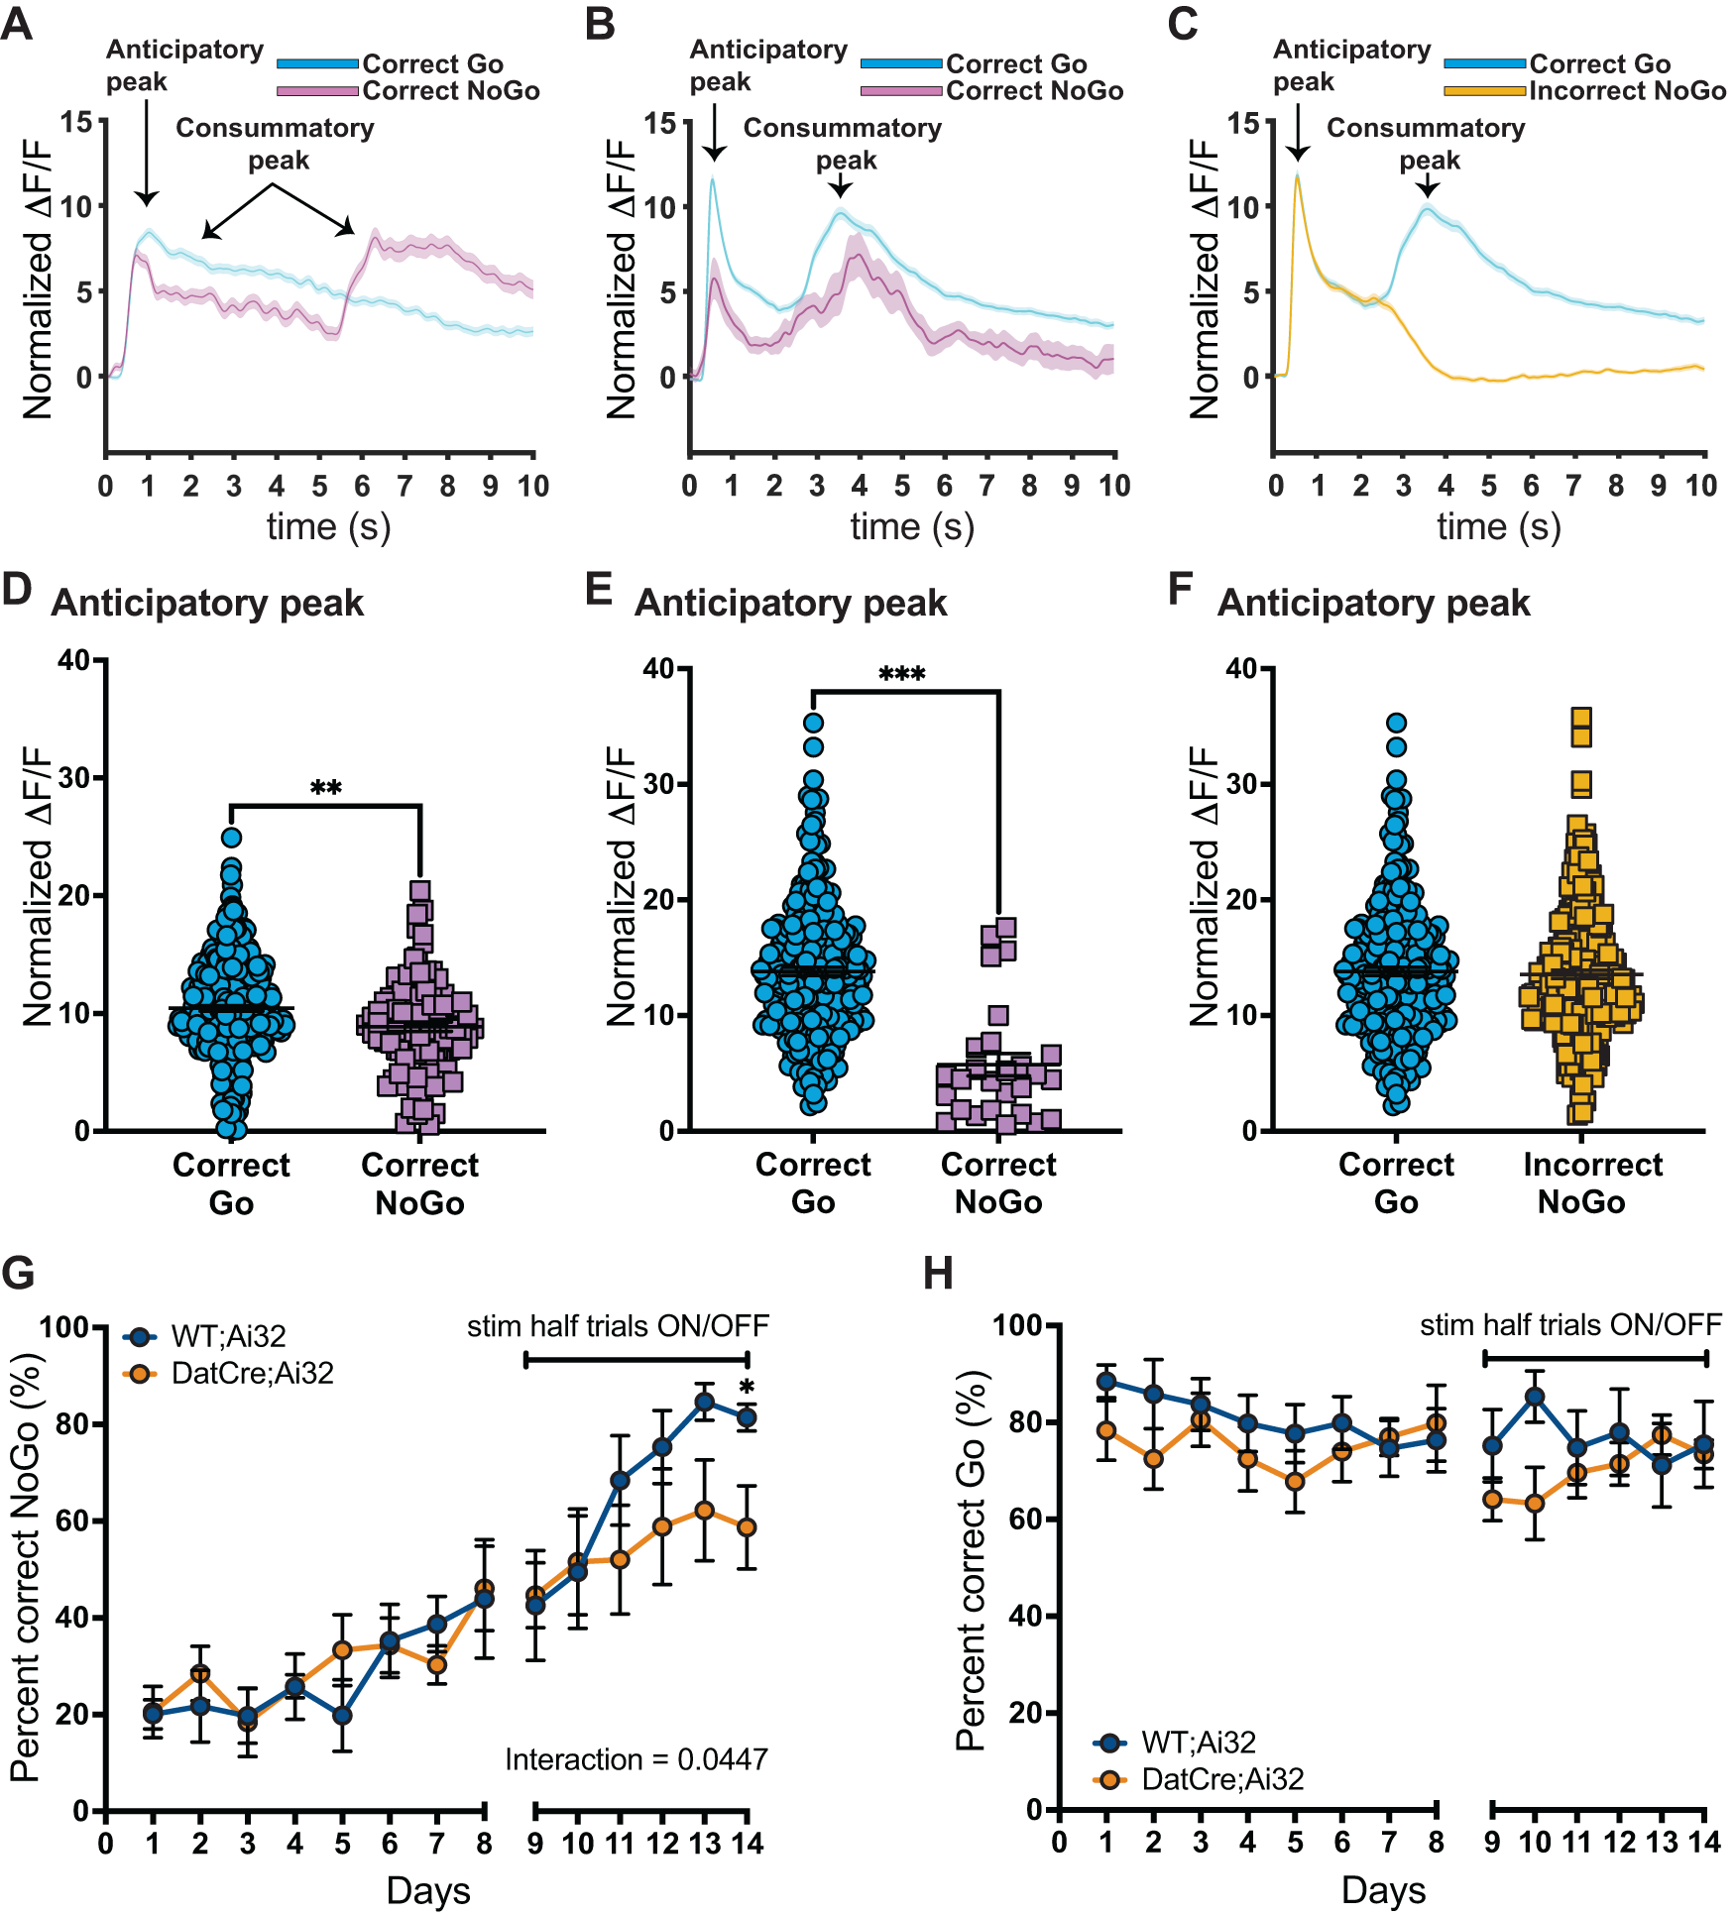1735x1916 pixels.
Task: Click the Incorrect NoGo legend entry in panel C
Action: (1626, 91)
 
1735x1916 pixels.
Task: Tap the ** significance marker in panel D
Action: (325, 788)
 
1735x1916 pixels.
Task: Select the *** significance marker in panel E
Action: (901, 675)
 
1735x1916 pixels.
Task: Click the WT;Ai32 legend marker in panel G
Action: (140, 1337)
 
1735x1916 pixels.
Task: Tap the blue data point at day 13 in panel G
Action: (704, 1402)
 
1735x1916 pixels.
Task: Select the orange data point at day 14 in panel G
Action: (747, 1527)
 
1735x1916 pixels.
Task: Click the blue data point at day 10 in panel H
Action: (1535, 1397)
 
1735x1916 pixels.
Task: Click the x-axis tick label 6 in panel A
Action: (362, 486)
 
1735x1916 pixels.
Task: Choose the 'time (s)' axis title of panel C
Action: (1498, 526)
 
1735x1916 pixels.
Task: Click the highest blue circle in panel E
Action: (813, 724)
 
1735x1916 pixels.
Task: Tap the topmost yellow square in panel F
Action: (1581, 718)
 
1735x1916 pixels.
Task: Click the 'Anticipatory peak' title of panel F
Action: (1373, 603)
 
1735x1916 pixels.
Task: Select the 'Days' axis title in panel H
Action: (1383, 1890)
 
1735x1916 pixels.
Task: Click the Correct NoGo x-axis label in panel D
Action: (419, 1183)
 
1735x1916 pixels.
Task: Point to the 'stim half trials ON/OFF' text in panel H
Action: (1570, 1324)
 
